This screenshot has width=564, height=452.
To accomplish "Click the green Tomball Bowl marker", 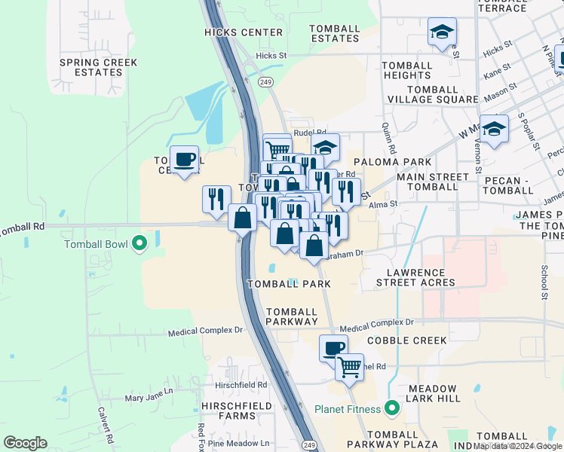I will [139, 243].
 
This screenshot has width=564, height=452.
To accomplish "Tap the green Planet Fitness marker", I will [391, 409].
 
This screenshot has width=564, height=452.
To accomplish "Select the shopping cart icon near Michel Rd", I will [349, 368].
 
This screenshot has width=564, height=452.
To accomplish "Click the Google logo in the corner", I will [25, 443].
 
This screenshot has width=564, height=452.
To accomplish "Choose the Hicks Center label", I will [244, 32].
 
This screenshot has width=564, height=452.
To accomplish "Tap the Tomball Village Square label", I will [433, 94].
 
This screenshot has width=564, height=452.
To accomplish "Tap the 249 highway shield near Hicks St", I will [265, 82].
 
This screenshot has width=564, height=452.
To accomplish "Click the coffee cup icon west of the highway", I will [184, 160].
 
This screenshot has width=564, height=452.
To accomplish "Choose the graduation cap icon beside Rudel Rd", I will [325, 147].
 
